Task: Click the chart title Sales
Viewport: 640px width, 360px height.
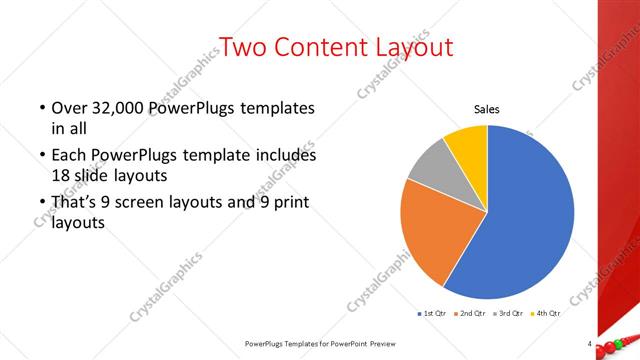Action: click(x=487, y=110)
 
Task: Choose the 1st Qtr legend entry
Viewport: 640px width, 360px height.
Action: click(x=432, y=314)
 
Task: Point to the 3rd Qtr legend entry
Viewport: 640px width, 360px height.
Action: click(x=509, y=314)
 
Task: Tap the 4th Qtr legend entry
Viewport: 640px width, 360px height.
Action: click(x=546, y=314)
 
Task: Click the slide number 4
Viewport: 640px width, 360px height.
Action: click(x=591, y=344)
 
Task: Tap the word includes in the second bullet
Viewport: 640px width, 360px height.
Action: click(x=285, y=156)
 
